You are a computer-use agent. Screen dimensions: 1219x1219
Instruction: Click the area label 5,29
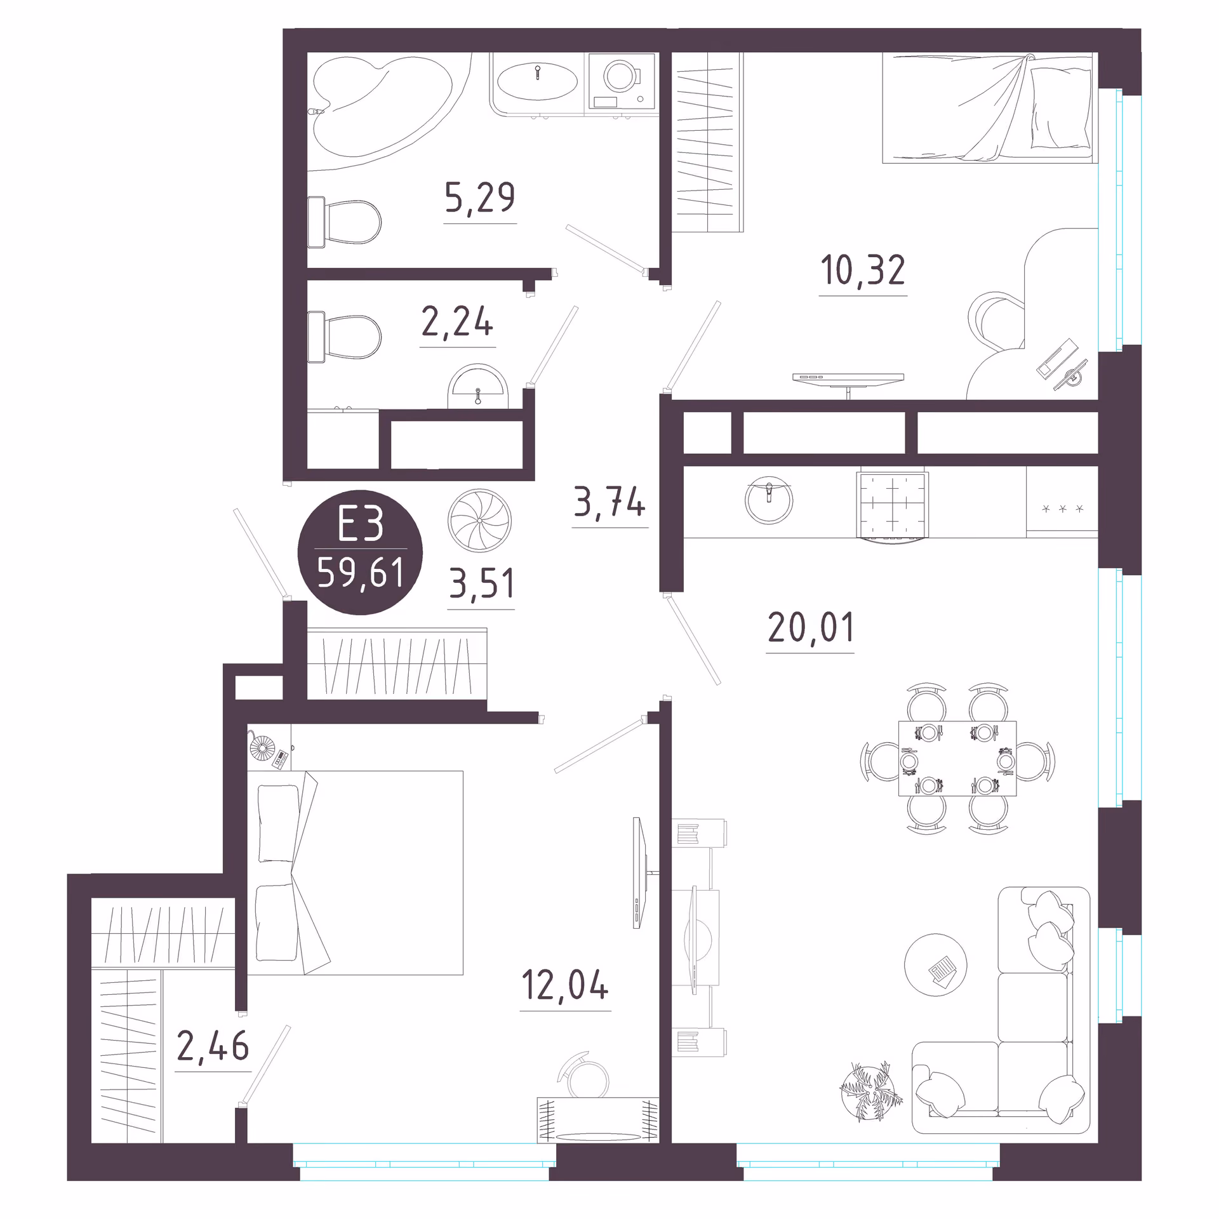[480, 197]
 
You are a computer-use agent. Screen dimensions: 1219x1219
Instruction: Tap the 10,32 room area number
[863, 270]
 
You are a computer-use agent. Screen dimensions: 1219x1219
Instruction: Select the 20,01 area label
[811, 627]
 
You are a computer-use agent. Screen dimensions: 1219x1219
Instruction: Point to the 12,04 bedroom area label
[565, 985]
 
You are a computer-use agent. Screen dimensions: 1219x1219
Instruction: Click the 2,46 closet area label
[213, 1046]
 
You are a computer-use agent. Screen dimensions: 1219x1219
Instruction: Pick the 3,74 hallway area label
[609, 502]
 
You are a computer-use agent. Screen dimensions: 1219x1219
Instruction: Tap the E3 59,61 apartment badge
[361, 552]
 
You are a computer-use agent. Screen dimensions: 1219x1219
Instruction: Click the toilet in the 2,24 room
[344, 336]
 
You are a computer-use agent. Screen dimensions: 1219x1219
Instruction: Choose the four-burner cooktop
[893, 504]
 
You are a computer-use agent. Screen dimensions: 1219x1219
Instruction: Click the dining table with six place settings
[957, 758]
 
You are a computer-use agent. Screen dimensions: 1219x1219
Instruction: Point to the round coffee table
[936, 964]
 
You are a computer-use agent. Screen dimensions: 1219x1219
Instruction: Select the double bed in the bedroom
[355, 872]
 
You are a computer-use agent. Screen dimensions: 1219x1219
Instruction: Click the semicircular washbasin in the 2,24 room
[479, 387]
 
